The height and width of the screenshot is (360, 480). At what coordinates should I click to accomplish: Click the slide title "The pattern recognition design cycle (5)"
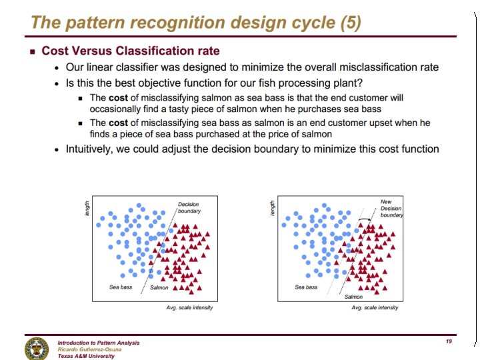tap(196, 23)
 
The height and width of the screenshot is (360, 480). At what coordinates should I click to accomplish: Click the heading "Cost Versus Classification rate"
tap(131, 51)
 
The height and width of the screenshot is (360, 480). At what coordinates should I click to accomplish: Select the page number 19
tap(449, 341)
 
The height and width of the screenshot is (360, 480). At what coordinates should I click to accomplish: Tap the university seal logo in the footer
tap(37, 348)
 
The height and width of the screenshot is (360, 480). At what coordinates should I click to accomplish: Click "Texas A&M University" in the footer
tap(86, 356)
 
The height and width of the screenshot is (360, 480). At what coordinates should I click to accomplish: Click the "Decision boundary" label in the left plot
tap(189, 207)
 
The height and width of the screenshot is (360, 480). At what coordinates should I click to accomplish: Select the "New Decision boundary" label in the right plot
tap(391, 208)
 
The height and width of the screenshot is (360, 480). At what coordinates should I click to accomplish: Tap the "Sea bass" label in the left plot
tap(121, 287)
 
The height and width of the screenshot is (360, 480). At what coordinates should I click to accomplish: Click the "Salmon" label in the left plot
tap(159, 287)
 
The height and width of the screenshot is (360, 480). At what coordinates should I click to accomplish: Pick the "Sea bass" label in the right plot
tap(306, 287)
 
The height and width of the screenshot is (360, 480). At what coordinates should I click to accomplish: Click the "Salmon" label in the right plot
tap(353, 297)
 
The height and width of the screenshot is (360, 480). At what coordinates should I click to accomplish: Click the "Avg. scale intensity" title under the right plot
tap(375, 307)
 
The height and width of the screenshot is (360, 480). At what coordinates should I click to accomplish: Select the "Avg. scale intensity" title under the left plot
tap(189, 307)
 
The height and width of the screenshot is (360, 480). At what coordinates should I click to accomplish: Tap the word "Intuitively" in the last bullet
tap(91, 149)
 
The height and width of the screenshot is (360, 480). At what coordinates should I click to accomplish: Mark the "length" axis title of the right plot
tap(273, 208)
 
